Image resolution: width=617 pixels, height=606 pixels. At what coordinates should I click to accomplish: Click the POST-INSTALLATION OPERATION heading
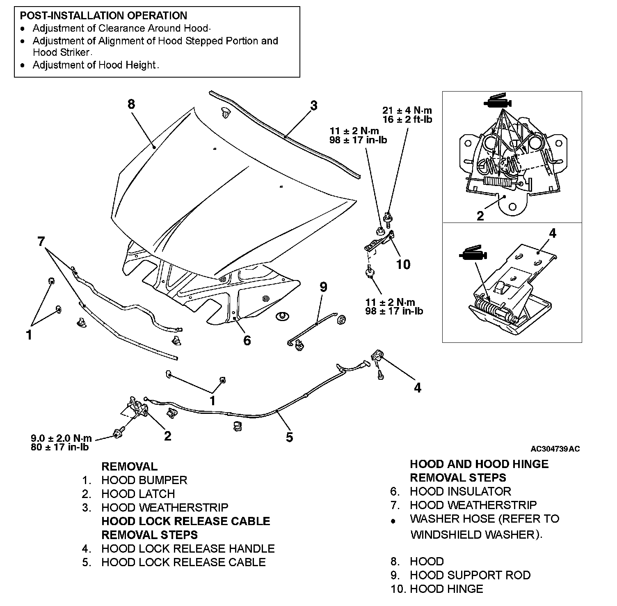pyautogui.click(x=103, y=16)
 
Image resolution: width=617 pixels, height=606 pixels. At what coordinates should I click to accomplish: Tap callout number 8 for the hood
pyautogui.click(x=131, y=104)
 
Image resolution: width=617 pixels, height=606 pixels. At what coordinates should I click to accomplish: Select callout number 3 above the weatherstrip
pyautogui.click(x=313, y=106)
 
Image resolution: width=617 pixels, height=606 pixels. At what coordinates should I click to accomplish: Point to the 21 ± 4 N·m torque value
pyautogui.click(x=407, y=110)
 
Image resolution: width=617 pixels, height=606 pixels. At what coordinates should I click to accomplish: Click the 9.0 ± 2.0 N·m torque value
pyautogui.click(x=62, y=438)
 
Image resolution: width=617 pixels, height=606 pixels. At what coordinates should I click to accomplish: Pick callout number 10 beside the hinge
pyautogui.click(x=403, y=264)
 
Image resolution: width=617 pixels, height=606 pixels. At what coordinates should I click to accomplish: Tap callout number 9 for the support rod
pyautogui.click(x=323, y=287)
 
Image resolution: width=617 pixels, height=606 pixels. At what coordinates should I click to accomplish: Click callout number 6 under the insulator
pyautogui.click(x=247, y=340)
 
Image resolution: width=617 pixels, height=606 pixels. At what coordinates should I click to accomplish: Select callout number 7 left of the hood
pyautogui.click(x=41, y=241)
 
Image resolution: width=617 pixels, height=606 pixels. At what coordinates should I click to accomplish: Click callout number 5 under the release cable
pyautogui.click(x=290, y=437)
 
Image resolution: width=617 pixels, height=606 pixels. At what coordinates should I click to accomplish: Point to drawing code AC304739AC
pyautogui.click(x=555, y=449)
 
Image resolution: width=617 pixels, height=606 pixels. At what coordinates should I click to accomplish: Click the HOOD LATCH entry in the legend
pyautogui.click(x=138, y=494)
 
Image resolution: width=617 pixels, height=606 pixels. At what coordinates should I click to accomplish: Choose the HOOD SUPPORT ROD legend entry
pyautogui.click(x=470, y=575)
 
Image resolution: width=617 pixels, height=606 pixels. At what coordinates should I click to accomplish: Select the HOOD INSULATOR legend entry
pyautogui.click(x=460, y=491)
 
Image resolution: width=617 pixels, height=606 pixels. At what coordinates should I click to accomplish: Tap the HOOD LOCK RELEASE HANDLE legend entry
pyautogui.click(x=188, y=549)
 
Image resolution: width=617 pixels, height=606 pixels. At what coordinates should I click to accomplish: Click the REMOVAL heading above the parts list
pyautogui.click(x=129, y=467)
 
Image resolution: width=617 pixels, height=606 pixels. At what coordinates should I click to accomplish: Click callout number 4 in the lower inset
pyautogui.click(x=552, y=233)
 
